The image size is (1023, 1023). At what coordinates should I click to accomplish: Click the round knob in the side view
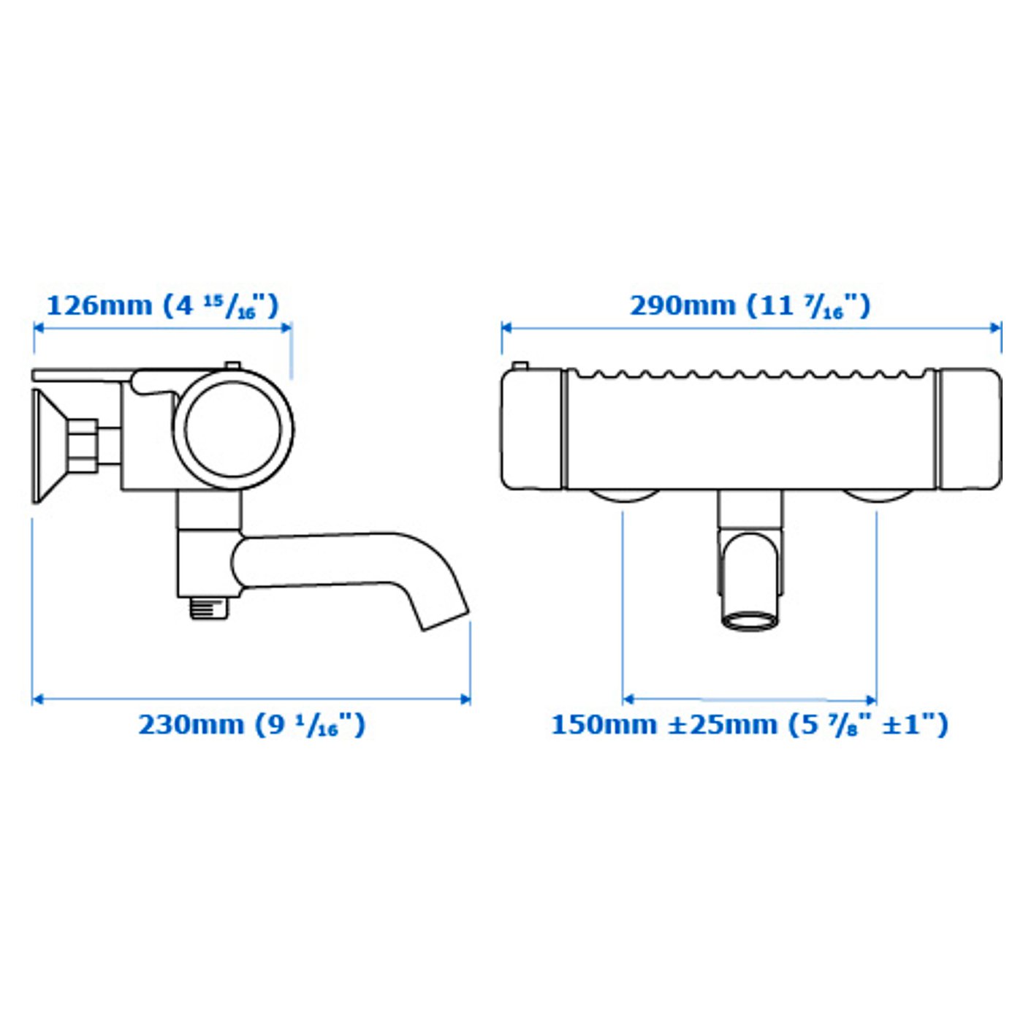click(x=233, y=429)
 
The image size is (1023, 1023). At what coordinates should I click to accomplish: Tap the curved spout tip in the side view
click(x=444, y=618)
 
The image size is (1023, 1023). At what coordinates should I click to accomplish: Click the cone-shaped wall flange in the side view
click(x=45, y=445)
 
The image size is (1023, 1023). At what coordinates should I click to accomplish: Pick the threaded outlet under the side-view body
click(x=209, y=607)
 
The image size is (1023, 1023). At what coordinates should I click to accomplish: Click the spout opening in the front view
click(x=749, y=620)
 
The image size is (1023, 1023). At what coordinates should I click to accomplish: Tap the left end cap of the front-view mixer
click(x=532, y=429)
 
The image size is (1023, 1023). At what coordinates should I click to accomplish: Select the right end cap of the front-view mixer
click(x=969, y=429)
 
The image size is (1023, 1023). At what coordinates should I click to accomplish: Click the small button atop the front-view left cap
click(x=520, y=366)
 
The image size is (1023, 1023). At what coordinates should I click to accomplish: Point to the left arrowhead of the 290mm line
click(x=506, y=327)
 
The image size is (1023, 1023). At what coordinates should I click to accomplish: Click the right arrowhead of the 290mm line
click(x=996, y=327)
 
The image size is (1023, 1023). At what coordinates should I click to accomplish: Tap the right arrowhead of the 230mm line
click(x=465, y=699)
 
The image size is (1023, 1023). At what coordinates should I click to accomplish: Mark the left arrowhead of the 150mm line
click(x=628, y=699)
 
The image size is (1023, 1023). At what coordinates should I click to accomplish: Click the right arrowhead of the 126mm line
click(x=286, y=327)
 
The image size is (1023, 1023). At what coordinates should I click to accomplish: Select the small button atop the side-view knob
click(x=232, y=365)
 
